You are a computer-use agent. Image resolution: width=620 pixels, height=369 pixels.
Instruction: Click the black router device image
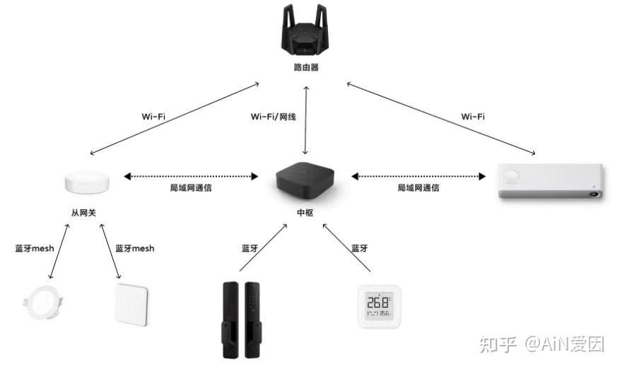[305, 35]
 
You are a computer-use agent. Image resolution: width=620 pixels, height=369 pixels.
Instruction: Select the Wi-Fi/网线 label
[275, 116]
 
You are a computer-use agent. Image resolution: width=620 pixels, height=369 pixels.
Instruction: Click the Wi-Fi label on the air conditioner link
[472, 116]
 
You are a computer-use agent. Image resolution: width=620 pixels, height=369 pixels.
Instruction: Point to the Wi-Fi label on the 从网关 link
[153, 116]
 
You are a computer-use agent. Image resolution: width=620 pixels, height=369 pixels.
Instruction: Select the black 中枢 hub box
[305, 180]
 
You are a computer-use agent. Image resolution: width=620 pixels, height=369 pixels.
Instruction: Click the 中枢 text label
[305, 211]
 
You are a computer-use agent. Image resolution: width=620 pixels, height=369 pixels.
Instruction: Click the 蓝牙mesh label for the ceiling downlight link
[35, 248]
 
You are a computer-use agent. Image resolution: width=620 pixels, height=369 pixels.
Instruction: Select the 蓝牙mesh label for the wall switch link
[134, 248]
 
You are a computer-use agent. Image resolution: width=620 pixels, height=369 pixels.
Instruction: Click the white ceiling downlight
[42, 305]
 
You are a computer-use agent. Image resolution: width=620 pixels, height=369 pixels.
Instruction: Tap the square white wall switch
[131, 305]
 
